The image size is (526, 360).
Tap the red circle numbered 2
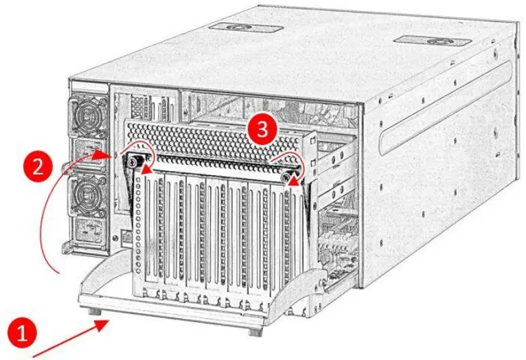coord(38,166)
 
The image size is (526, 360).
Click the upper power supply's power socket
coord(90,149)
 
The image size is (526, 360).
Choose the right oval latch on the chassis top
coord(435,41)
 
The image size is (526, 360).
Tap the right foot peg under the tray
coord(254,330)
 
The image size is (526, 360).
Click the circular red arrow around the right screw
coord(287,161)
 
